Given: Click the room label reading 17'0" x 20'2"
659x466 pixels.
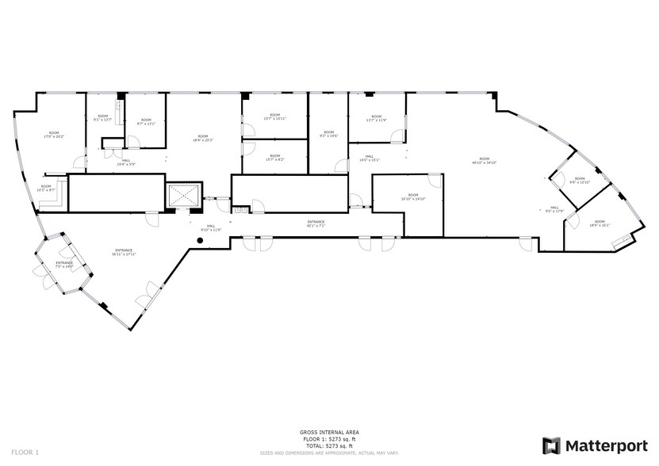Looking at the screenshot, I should coord(53,135).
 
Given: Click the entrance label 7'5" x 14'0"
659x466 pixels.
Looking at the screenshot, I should coord(64,264).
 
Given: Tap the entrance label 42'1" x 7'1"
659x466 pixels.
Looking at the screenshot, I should coord(317,223).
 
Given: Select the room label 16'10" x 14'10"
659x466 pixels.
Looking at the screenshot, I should coord(412,197).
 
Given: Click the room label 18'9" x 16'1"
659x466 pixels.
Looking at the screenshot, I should coord(599,223).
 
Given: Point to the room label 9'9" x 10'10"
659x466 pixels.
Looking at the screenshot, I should coord(580,180).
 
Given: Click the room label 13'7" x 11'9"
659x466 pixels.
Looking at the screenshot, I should coord(376,119).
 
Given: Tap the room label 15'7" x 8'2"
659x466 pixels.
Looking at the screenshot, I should coord(274,158).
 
